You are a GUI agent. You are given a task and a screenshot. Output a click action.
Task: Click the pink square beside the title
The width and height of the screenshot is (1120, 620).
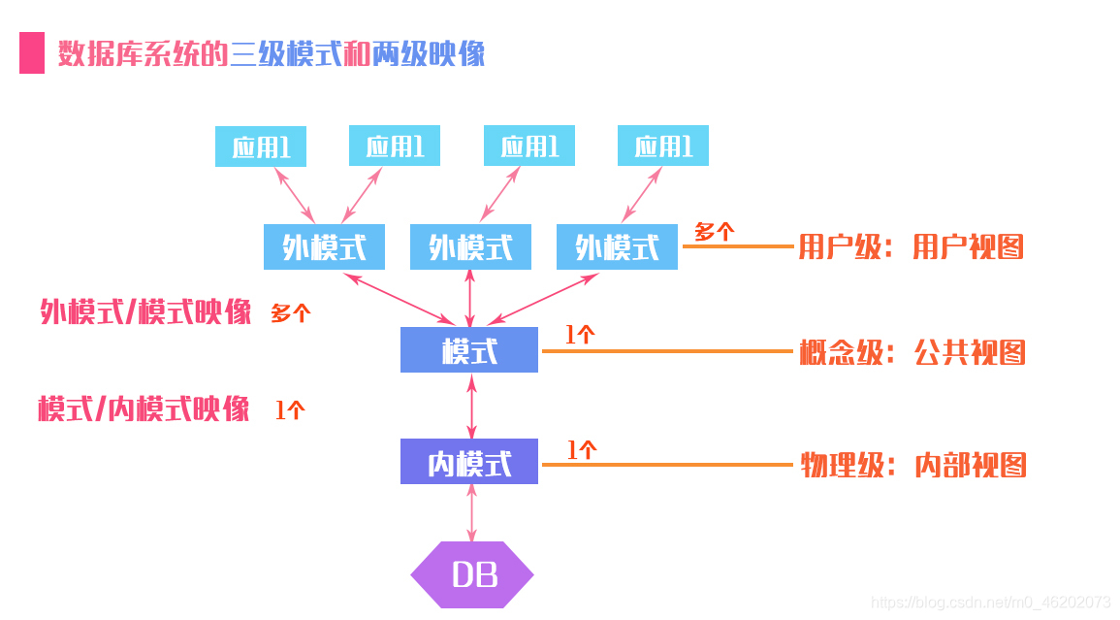pyautogui.click(x=32, y=53)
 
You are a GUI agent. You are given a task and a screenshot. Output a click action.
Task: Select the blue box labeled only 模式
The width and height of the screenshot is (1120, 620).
pyautogui.click(x=469, y=350)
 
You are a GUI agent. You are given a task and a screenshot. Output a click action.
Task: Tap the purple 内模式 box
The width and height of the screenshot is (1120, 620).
pyautogui.click(x=469, y=462)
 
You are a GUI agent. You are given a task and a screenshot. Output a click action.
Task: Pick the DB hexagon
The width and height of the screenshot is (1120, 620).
pyautogui.click(x=472, y=575)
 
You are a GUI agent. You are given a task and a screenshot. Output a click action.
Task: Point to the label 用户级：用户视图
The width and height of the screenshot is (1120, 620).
pyautogui.click(x=911, y=247)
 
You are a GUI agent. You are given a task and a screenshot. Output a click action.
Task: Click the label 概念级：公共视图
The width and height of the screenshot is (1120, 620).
pyautogui.click(x=912, y=352)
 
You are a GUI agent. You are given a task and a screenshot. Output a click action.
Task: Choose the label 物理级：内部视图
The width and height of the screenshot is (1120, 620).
pyautogui.click(x=912, y=465)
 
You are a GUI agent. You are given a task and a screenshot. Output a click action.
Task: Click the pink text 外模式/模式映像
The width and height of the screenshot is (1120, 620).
pyautogui.click(x=145, y=312)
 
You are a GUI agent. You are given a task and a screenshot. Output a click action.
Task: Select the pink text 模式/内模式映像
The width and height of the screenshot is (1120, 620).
pyautogui.click(x=144, y=408)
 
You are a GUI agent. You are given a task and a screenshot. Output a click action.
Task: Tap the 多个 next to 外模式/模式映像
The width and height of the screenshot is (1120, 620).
pyautogui.click(x=290, y=313)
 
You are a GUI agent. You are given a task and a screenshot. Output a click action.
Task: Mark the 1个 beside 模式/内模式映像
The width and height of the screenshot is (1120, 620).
pyautogui.click(x=290, y=410)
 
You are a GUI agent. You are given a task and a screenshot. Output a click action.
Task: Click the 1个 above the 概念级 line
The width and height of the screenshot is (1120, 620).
pyautogui.click(x=580, y=335)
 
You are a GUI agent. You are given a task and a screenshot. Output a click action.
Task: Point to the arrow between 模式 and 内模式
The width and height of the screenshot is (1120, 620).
pyautogui.click(x=471, y=407)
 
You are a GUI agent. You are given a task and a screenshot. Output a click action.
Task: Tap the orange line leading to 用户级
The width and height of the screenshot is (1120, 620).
pyautogui.click(x=737, y=246)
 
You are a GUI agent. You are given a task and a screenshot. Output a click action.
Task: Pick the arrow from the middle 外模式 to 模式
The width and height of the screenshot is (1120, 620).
pyautogui.click(x=470, y=298)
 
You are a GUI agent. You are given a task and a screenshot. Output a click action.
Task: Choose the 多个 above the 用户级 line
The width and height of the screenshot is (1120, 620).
pyautogui.click(x=715, y=232)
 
